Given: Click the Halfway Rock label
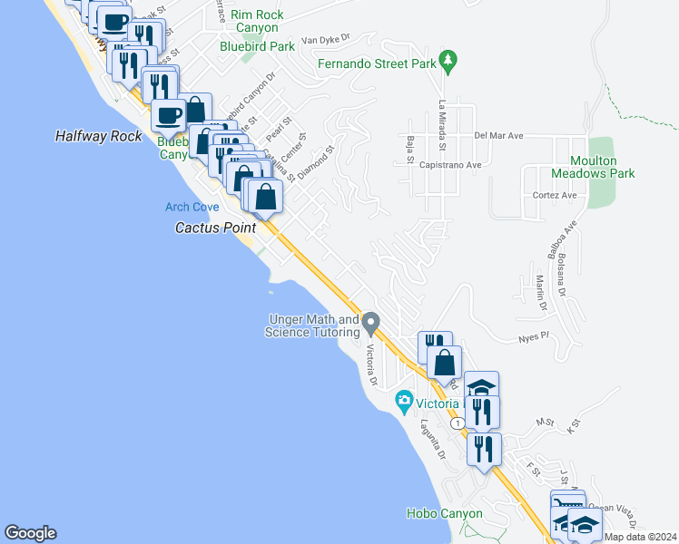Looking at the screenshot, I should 99,136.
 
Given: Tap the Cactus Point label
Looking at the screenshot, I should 215,228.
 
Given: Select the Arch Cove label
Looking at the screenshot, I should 192,207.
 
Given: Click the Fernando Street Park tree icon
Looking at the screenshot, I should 447,61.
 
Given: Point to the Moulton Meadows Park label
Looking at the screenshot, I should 593,167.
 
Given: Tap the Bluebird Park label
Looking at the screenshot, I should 257,45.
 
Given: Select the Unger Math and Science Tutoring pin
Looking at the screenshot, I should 370,322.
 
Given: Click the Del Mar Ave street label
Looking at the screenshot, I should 499,136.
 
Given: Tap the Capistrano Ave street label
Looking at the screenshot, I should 450,165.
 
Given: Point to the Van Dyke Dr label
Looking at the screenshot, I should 325,40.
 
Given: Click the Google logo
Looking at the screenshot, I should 30,533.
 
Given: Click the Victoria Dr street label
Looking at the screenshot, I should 372,364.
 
